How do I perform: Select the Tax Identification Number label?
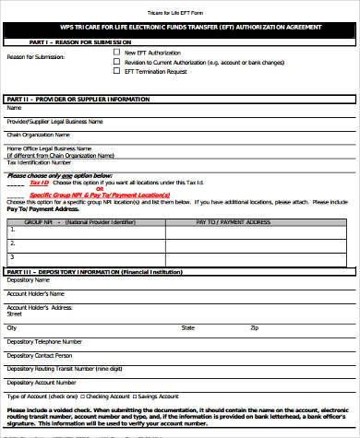coord(40,162)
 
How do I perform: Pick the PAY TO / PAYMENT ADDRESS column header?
coord(234,222)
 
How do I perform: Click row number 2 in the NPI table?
coord(11,243)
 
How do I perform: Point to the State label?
coord(187,327)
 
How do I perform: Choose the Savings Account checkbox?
coord(128,395)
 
